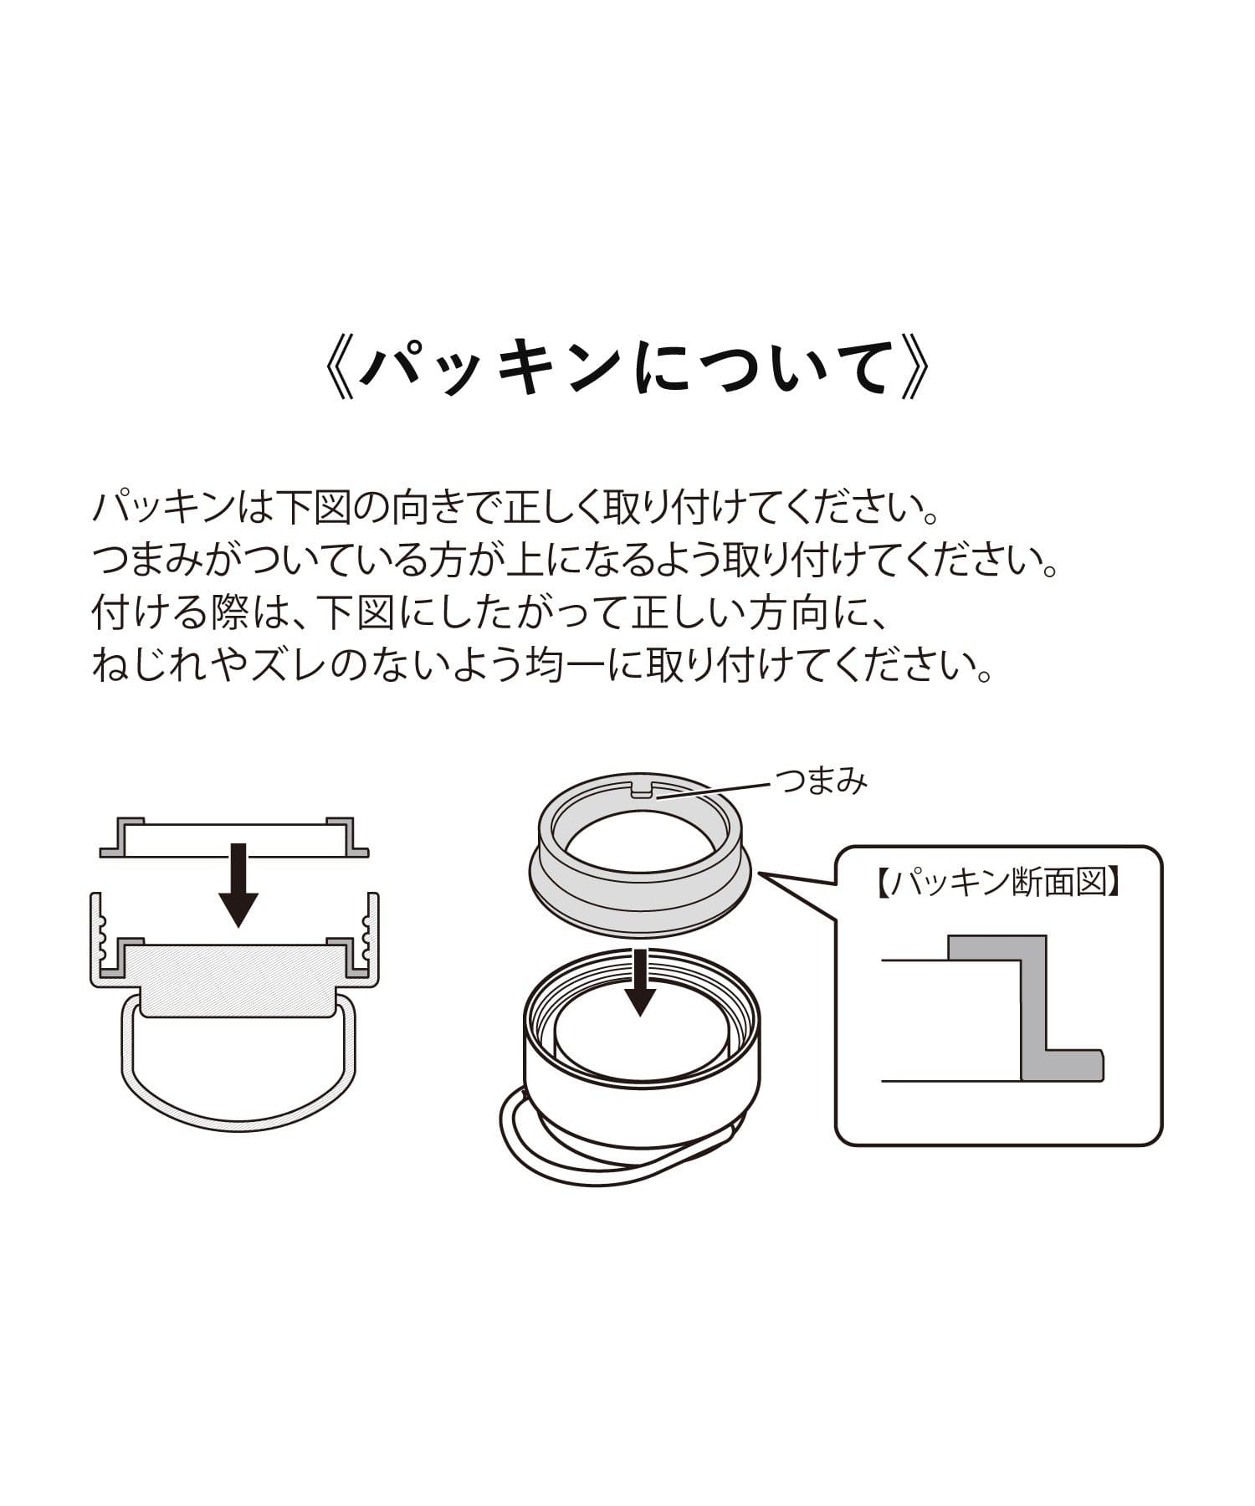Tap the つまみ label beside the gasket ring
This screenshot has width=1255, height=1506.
[x=822, y=782]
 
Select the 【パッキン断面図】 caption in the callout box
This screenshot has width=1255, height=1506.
[x=1000, y=884]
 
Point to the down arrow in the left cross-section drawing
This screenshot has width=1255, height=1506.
[x=238, y=884]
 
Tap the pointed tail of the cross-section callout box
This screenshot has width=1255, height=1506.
[x=762, y=873]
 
